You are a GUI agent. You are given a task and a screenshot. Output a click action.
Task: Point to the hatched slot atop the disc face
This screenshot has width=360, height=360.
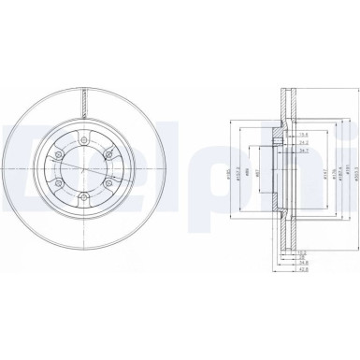coord(85,101)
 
